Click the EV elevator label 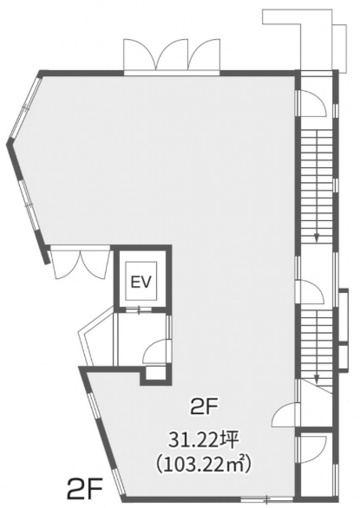[x=141, y=282]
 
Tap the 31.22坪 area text [x=205, y=441]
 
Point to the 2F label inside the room [x=205, y=407]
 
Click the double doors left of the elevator [x=80, y=263]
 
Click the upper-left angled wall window [x=24, y=107]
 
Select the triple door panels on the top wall [x=172, y=55]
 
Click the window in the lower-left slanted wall [x=104, y=439]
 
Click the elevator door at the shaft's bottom [x=139, y=310]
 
